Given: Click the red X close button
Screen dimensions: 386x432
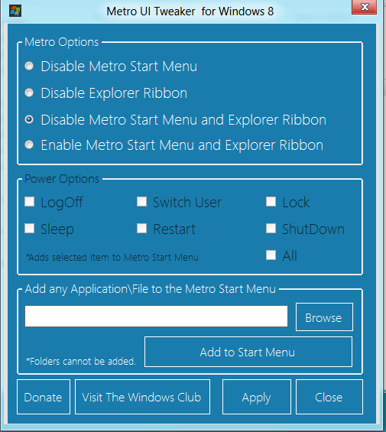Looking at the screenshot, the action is click(x=365, y=7).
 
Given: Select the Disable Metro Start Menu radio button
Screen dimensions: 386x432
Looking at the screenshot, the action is click(x=29, y=66).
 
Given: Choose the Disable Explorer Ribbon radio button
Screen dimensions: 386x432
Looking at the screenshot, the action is click(x=29, y=93).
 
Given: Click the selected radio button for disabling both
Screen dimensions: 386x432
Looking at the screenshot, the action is click(x=29, y=119).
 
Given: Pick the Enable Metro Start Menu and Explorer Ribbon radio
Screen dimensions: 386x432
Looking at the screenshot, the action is click(x=29, y=145).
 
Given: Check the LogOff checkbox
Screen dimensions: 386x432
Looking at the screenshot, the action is click(x=30, y=201).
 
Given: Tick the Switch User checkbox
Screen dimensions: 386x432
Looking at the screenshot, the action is click(x=141, y=201).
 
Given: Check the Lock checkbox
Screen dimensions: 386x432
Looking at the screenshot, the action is click(x=271, y=201).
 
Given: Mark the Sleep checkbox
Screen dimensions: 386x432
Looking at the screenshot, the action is click(x=30, y=228).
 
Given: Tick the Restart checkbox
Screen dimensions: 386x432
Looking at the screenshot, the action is click(x=141, y=228).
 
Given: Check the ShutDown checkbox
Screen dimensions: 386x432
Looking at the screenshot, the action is click(x=271, y=228).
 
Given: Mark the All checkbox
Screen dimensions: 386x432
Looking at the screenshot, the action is click(x=271, y=255).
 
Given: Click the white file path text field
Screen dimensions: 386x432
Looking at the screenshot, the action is click(x=156, y=316).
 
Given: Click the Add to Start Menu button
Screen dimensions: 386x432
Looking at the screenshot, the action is click(x=248, y=352).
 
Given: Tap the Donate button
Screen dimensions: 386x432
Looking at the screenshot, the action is click(x=44, y=397).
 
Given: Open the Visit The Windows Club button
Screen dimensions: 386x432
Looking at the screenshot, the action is click(x=142, y=397).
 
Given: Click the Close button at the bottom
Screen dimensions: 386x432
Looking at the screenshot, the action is click(x=329, y=397).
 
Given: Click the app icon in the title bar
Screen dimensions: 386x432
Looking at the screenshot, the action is click(x=15, y=11).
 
